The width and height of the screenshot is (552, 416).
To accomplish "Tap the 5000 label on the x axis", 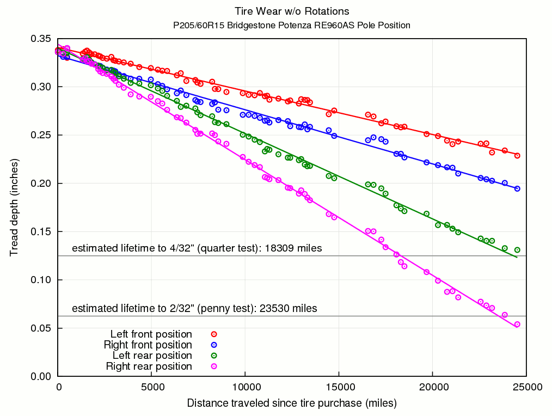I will click(x=152, y=387).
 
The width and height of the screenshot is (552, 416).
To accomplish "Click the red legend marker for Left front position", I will click(x=214, y=334).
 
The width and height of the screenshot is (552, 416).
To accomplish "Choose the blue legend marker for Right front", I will click(x=214, y=345).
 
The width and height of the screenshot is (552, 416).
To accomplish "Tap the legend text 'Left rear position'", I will click(x=152, y=356).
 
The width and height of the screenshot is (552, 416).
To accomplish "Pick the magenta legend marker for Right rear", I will click(x=214, y=366).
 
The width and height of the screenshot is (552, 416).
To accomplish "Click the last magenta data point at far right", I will click(x=517, y=324).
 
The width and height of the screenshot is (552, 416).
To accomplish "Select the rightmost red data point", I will click(x=517, y=156).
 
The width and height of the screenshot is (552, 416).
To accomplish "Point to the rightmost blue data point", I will click(x=517, y=189).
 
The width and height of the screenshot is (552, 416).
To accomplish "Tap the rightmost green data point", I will click(x=517, y=250).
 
